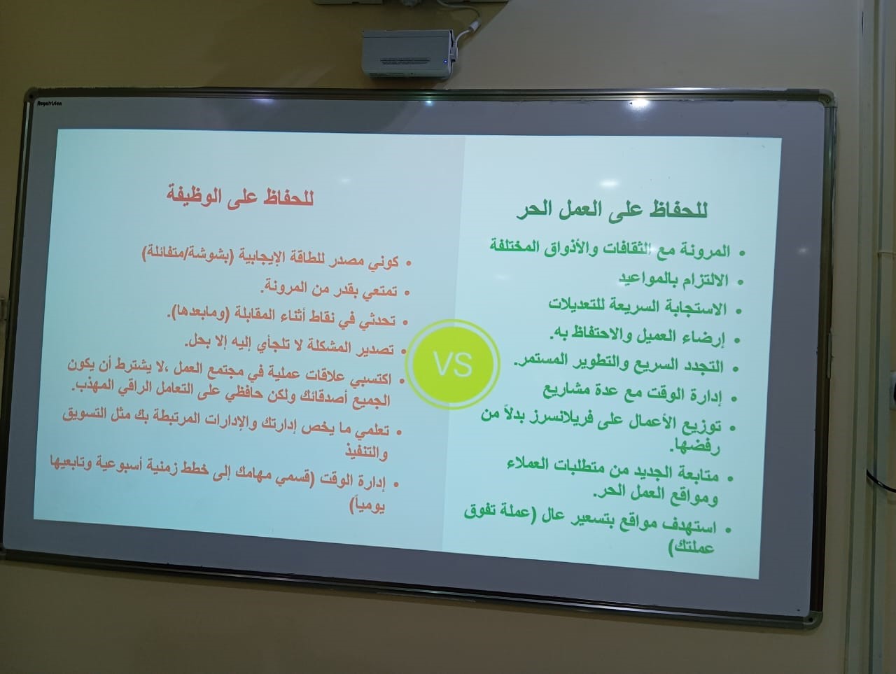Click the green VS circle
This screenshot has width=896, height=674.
(453, 365)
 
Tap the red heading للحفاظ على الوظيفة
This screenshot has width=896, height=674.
(240, 197)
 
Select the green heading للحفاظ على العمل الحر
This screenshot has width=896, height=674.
(612, 211)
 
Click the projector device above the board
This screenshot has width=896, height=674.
(409, 53)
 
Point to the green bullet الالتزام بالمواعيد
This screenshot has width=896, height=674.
(673, 279)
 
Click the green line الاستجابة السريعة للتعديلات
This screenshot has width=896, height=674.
(637, 307)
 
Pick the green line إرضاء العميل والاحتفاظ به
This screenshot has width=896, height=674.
(637, 337)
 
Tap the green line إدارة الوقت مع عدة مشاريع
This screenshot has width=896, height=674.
(632, 393)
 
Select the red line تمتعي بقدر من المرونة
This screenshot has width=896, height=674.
(329, 288)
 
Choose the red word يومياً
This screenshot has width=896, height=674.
(367, 505)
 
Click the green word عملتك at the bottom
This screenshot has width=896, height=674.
(692, 547)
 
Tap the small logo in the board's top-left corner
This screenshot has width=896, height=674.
(50, 104)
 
